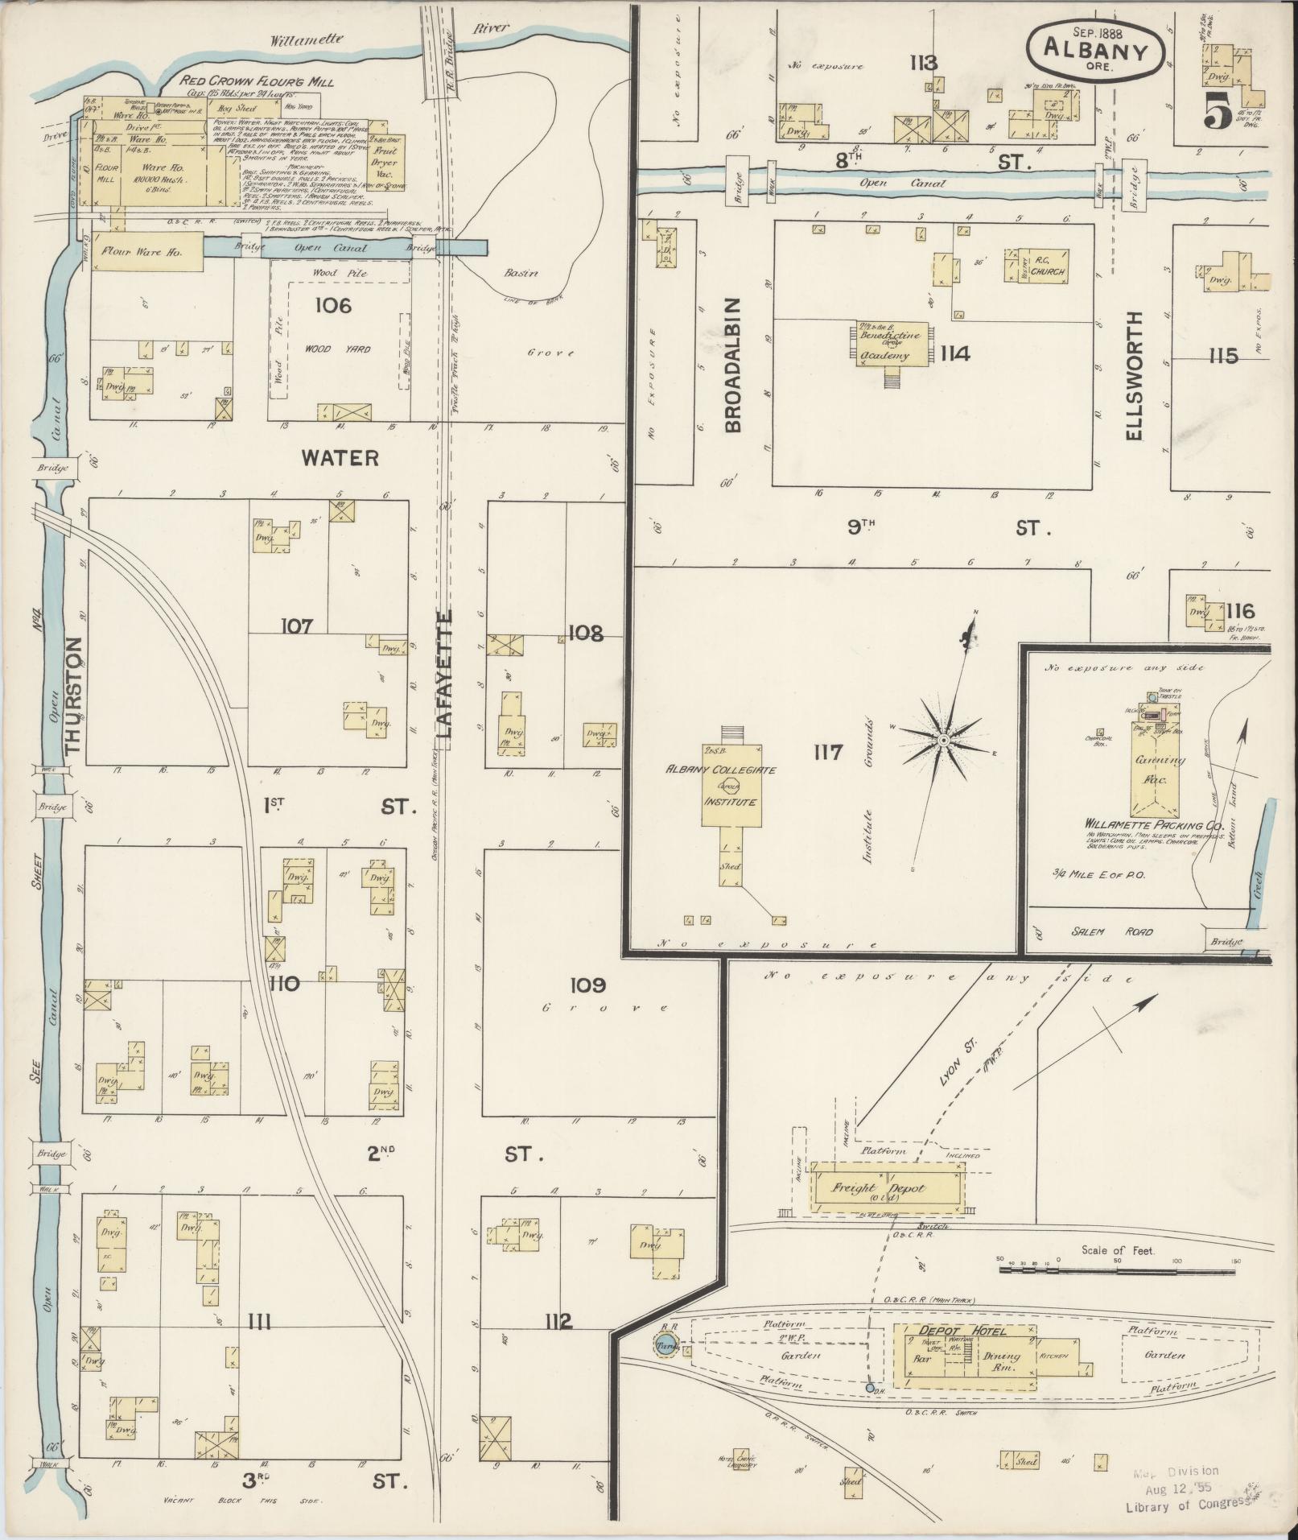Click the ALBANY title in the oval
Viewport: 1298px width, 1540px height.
tap(1095, 49)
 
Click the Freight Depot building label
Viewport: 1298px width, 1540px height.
tap(884, 1188)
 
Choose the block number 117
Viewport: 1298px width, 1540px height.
tap(827, 752)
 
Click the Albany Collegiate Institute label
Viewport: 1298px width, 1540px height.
tap(720, 786)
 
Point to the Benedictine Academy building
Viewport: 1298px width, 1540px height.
tap(884, 345)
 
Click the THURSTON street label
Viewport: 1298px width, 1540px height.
tap(75, 696)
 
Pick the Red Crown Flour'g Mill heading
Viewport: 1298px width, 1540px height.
tap(257, 81)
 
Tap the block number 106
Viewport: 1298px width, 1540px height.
tap(333, 306)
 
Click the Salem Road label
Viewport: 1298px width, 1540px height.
tap(1123, 931)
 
